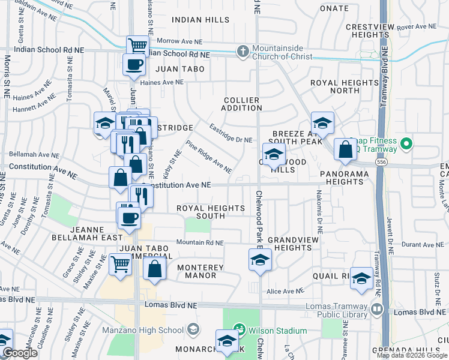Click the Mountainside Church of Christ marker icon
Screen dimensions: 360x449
[243, 52]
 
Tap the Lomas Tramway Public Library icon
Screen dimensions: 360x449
[377, 310]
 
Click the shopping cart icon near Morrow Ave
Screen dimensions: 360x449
[137, 45]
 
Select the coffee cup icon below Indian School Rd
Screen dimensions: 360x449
[133, 64]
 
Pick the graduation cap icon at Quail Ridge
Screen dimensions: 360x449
[361, 278]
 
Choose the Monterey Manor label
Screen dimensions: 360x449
[200, 271]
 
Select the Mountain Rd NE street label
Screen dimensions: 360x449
[199, 243]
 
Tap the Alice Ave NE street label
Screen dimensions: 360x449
[286, 291]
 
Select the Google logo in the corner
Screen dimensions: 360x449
[20, 353]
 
